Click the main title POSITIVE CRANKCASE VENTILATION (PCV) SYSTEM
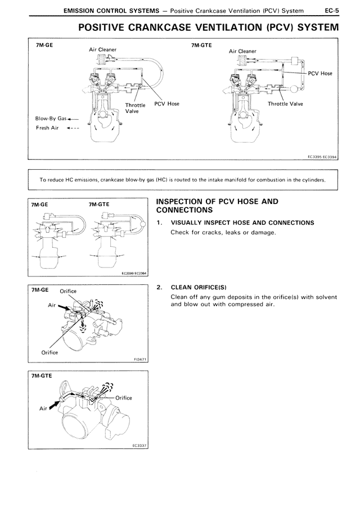coord(208,28)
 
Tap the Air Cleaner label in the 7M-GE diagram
coord(103,49)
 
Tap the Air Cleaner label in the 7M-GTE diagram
coord(242,51)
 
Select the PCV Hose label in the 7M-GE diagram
coord(166,104)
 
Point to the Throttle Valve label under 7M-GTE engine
coord(285,104)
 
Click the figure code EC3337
coord(138,445)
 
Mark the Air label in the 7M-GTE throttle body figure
coord(43,409)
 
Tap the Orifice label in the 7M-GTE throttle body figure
coord(123,398)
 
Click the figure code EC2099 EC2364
coord(133,275)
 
